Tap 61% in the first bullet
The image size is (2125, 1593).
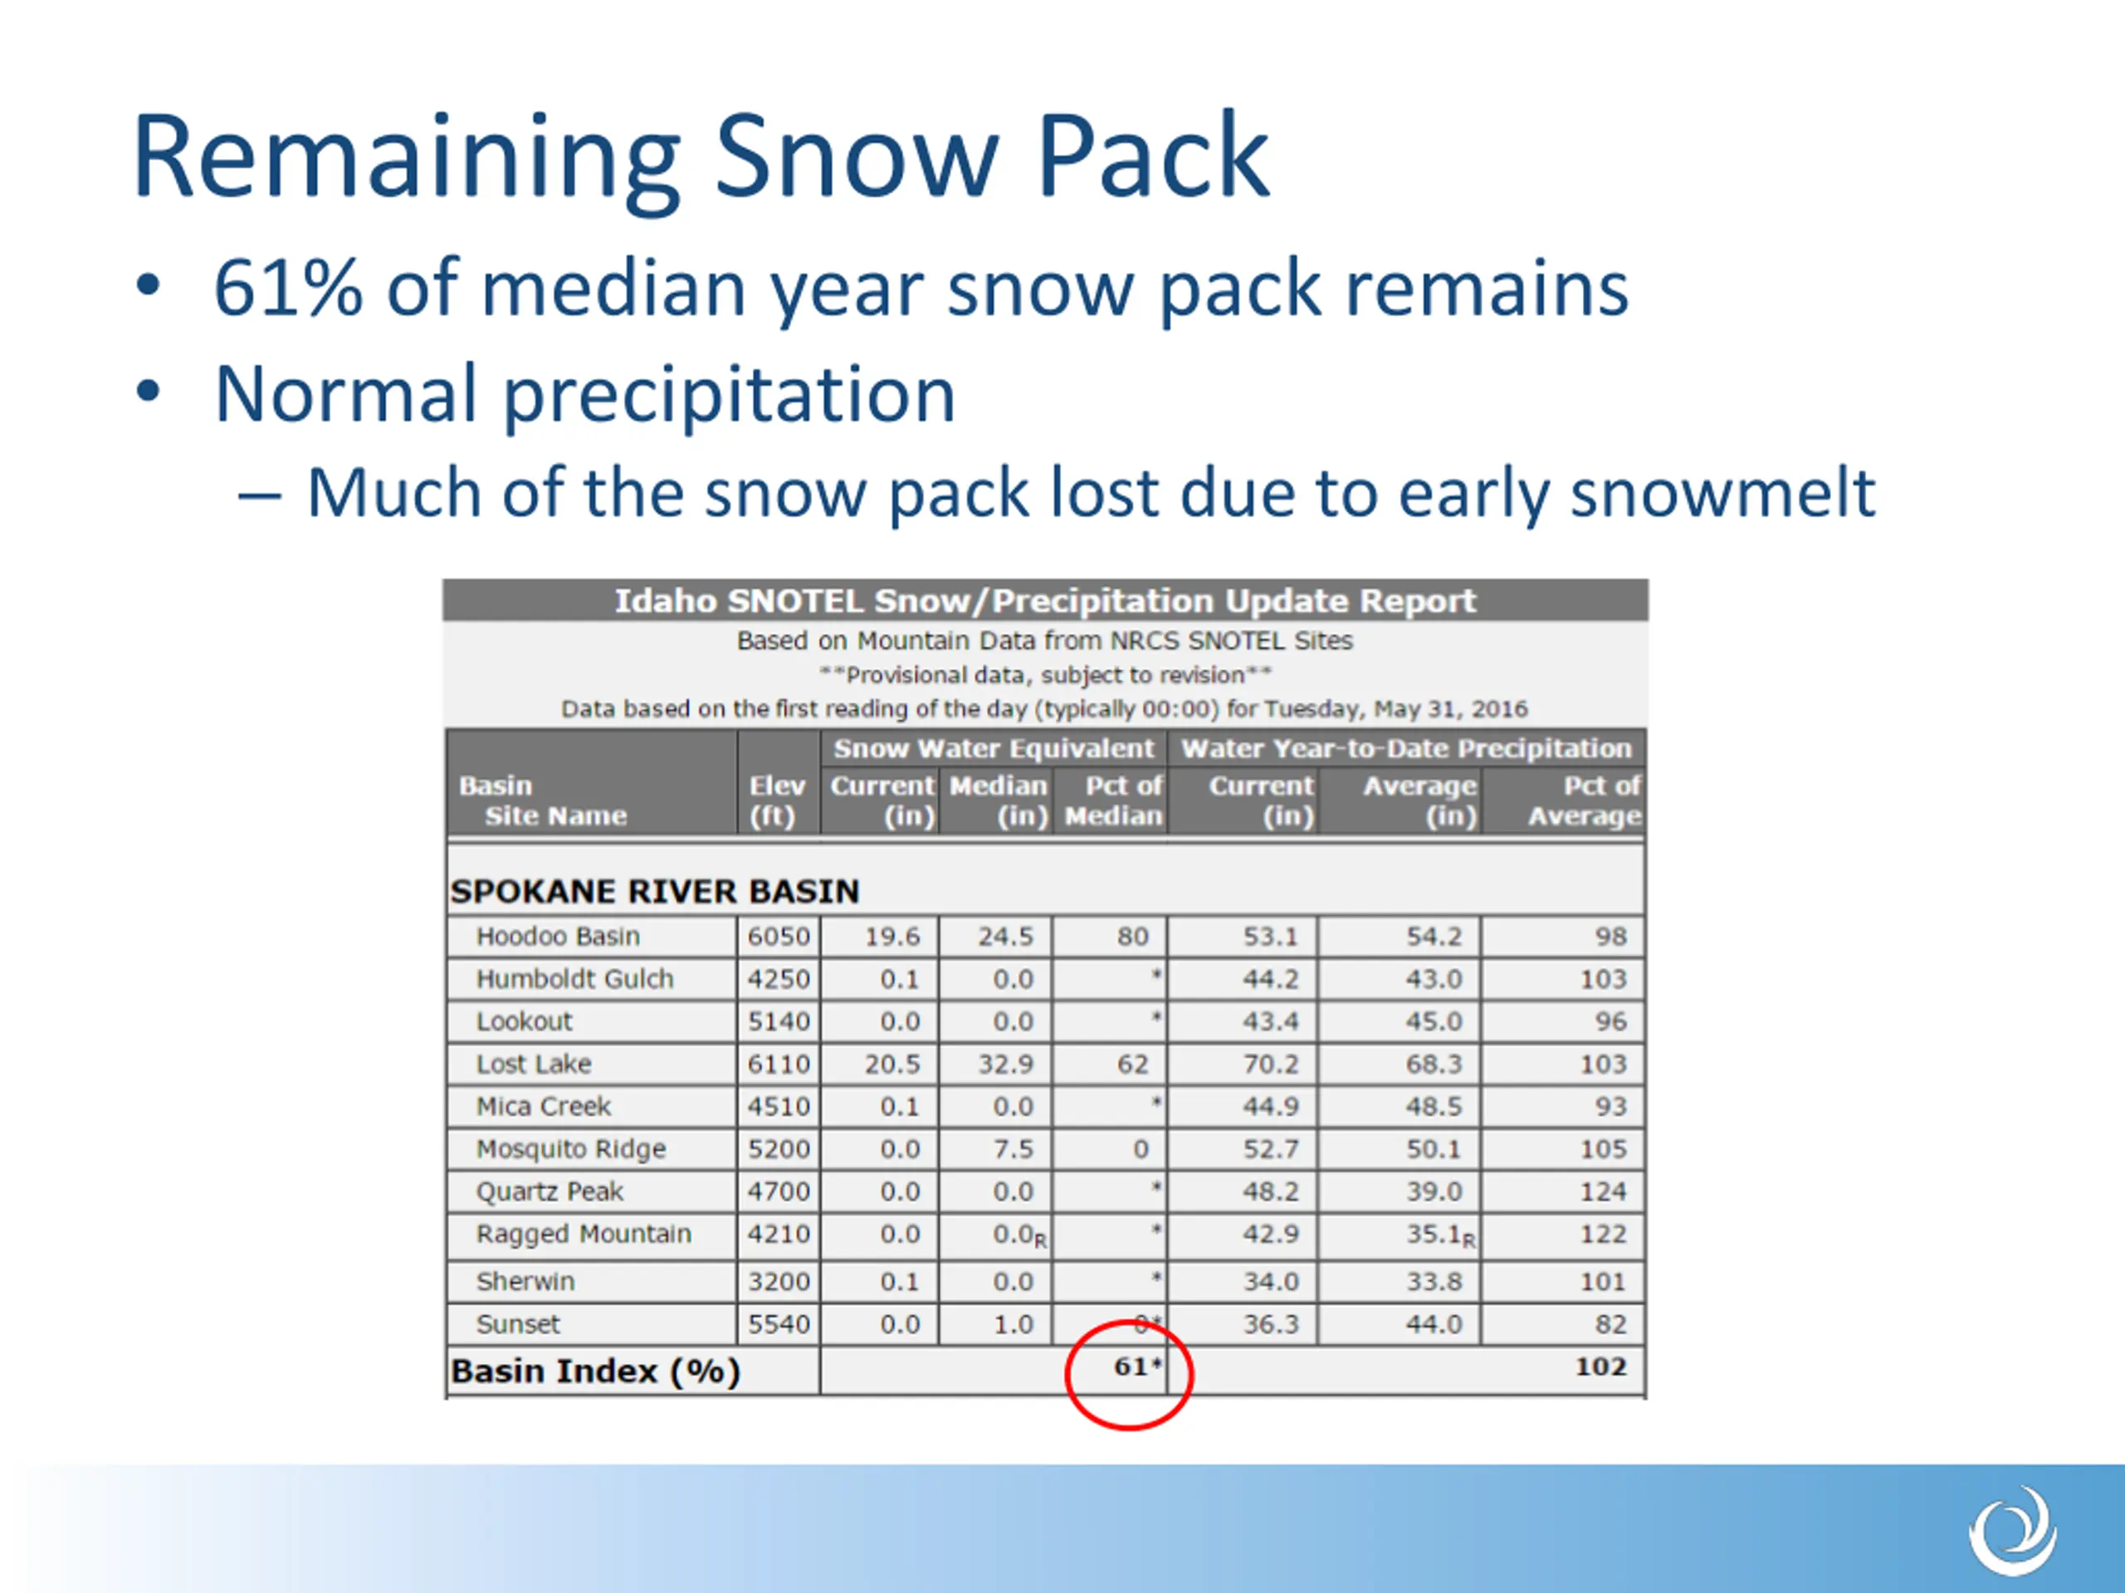[x=287, y=287]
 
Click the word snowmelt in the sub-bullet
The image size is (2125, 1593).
[x=1722, y=493]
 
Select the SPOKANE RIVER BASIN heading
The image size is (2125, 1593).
[x=654, y=891]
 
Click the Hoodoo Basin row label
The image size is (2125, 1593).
[x=558, y=936]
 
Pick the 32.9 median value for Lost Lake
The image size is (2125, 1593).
[x=1006, y=1064]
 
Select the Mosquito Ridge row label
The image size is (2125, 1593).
[x=570, y=1149]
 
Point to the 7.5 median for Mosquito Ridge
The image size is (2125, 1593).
[x=1014, y=1149]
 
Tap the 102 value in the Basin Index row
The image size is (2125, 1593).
[x=1600, y=1366]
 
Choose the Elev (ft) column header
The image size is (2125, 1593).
[x=776, y=801]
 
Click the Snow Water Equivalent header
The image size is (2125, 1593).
[x=994, y=749]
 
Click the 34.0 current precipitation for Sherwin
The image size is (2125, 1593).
[x=1271, y=1282]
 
